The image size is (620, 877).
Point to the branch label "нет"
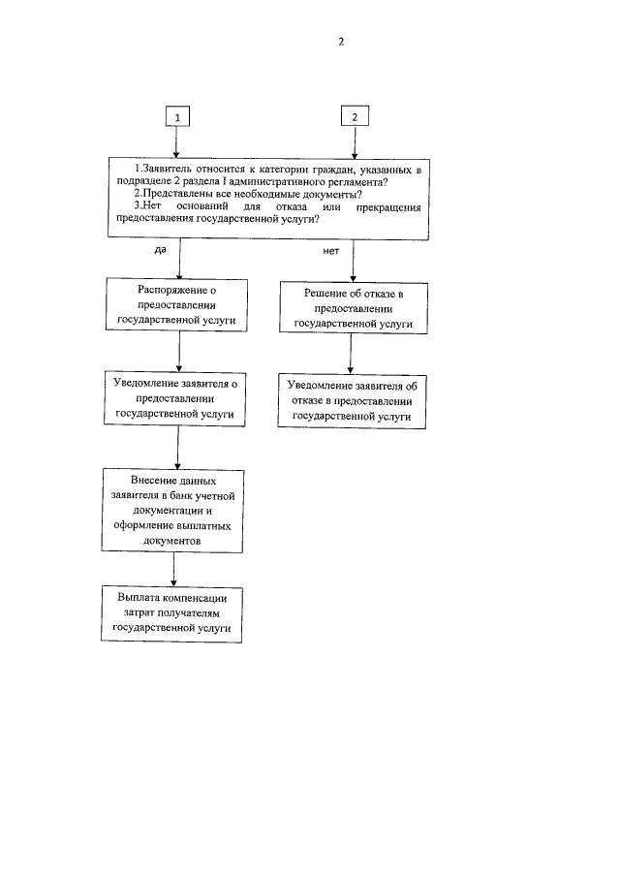point(330,250)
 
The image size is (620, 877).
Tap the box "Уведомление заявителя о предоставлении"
point(176,397)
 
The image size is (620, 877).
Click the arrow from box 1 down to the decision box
point(176,141)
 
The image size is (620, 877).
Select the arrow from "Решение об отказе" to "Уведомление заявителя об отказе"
point(354,356)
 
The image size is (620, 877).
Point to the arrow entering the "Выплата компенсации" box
point(173,568)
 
